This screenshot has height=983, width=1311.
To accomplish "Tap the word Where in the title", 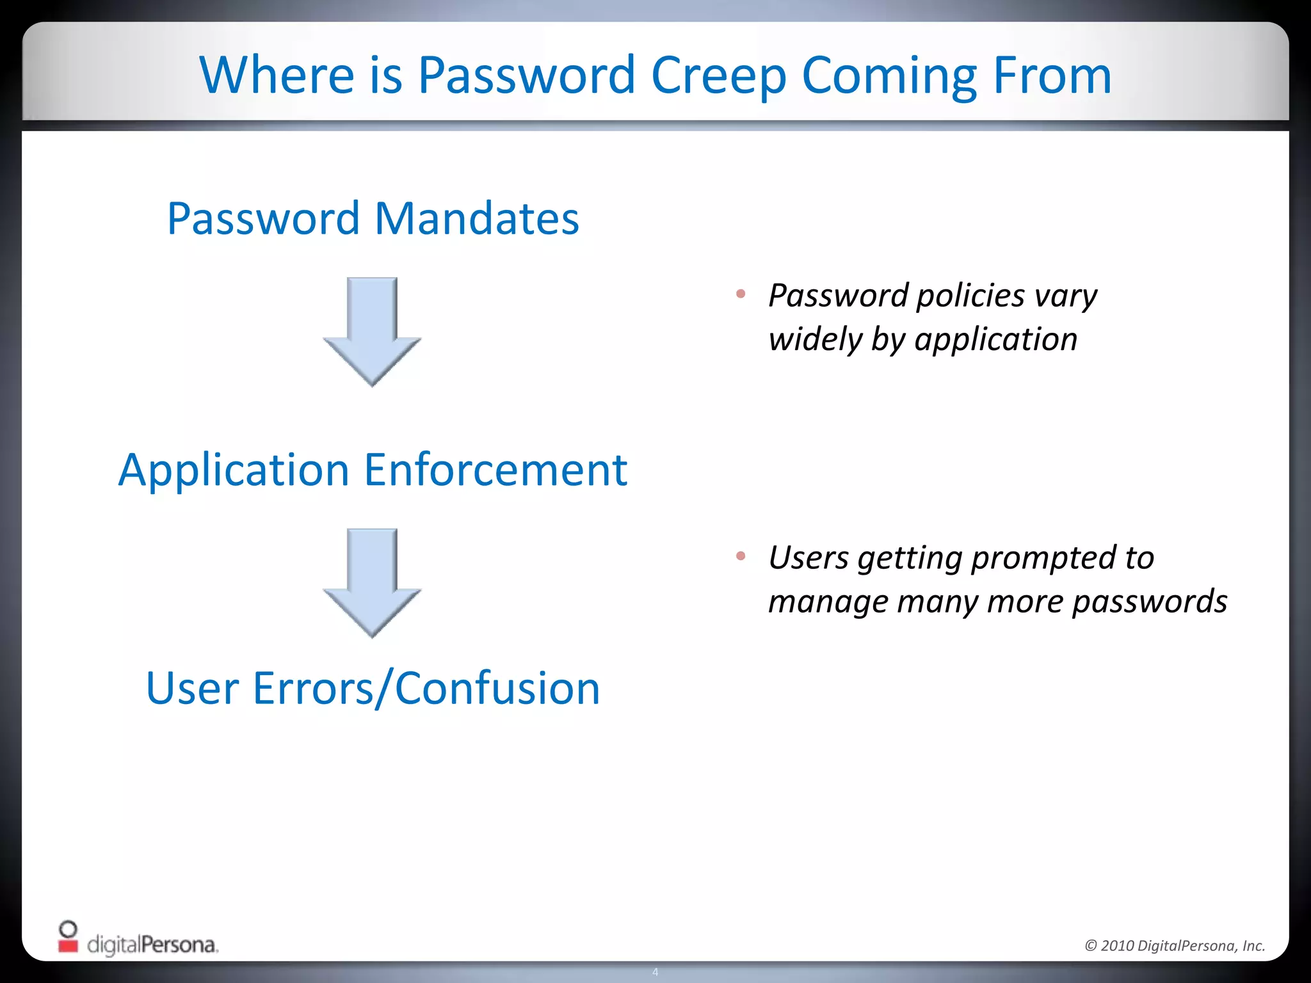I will coord(277,76).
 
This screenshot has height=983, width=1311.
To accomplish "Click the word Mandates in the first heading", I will coord(476,219).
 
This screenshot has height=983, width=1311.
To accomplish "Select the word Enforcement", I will coord(495,470).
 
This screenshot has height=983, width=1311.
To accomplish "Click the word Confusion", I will coord(497,689).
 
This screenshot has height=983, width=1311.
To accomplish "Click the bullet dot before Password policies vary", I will coord(741,294).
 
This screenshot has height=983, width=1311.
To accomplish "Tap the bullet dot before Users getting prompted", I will coord(741,556).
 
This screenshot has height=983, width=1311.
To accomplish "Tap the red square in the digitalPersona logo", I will coord(68,946).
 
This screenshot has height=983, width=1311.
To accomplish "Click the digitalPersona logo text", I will coord(152,945).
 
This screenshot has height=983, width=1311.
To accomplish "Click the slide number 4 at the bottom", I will coord(655,972).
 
